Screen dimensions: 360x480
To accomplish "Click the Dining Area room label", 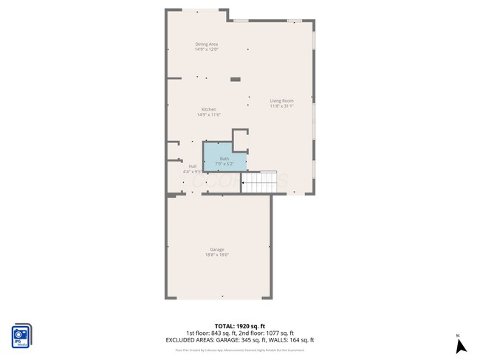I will (x=206, y=44).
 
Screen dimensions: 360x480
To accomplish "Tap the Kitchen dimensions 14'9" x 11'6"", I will (x=209, y=115).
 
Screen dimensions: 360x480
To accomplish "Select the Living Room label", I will (x=281, y=100).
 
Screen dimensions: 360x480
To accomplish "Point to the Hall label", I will (x=193, y=167).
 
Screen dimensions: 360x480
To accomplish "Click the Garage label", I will (x=217, y=249).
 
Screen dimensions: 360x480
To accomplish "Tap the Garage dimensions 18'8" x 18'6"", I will (x=217, y=255).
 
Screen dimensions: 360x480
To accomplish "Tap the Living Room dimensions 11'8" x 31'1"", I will (x=281, y=106).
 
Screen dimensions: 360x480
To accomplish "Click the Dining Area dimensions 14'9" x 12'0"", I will (x=206, y=50).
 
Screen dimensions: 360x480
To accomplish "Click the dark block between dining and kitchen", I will (x=236, y=79).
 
